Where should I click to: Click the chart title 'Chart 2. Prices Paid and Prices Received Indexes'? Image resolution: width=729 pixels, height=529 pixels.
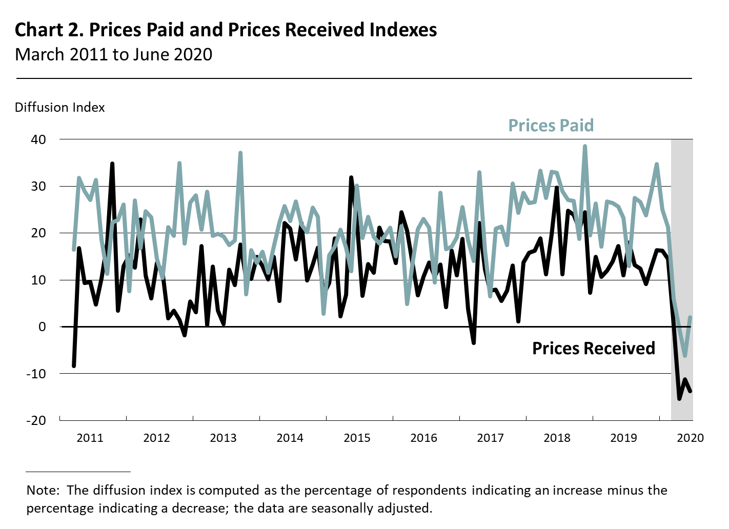(226, 30)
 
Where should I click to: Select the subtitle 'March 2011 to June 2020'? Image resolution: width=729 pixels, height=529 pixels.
(113, 54)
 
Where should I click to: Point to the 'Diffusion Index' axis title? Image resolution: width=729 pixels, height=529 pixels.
(59, 108)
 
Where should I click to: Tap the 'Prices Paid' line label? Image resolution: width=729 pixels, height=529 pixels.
(551, 126)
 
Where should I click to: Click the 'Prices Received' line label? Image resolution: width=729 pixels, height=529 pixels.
(593, 349)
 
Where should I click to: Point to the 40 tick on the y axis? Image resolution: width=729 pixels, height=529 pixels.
(38, 139)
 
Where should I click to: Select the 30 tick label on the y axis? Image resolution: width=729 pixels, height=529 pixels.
(38, 187)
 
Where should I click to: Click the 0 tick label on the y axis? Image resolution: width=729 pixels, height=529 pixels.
(42, 327)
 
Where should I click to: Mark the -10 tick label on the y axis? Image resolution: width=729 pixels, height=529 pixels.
(36, 374)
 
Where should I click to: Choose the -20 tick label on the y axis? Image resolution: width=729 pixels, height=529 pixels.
(36, 420)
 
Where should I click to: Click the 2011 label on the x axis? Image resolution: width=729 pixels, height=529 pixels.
(90, 438)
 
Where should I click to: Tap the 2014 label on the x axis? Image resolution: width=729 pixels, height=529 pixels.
(290, 438)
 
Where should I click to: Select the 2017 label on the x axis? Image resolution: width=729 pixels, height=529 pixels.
(490, 438)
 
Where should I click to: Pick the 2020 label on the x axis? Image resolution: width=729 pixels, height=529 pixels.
(690, 438)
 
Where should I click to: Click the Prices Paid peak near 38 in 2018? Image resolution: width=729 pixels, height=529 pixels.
(584, 147)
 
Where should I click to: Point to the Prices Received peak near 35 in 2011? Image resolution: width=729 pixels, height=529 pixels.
(112, 164)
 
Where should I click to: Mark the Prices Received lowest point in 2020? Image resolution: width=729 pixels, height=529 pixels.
(679, 398)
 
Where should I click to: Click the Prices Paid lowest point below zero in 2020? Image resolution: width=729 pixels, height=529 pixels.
(685, 355)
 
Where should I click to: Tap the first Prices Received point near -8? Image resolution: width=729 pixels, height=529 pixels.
(74, 365)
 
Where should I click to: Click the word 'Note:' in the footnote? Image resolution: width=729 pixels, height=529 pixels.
(43, 491)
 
